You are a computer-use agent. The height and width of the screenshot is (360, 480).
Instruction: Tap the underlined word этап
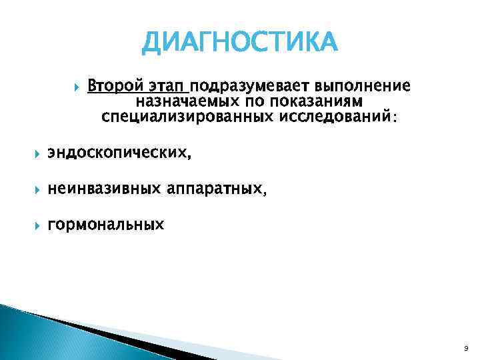pos(167,87)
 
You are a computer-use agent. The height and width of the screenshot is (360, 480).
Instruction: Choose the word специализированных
pos(180,117)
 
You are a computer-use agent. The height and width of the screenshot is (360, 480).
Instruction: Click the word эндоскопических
pos(117,154)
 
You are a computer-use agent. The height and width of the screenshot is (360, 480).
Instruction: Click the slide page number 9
pos(465,349)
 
